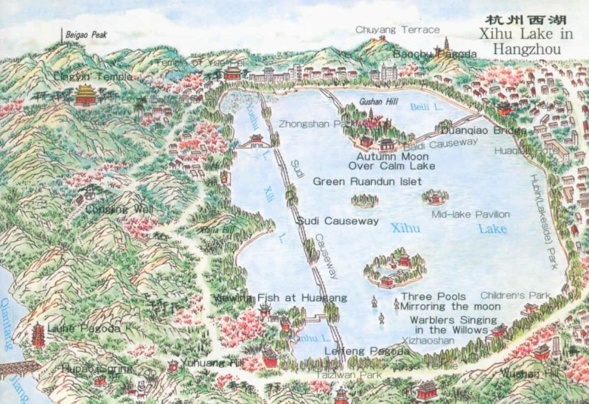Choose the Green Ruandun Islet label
(x=367, y=181)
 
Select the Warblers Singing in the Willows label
(x=450, y=325)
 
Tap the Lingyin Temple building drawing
(x=86, y=94)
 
